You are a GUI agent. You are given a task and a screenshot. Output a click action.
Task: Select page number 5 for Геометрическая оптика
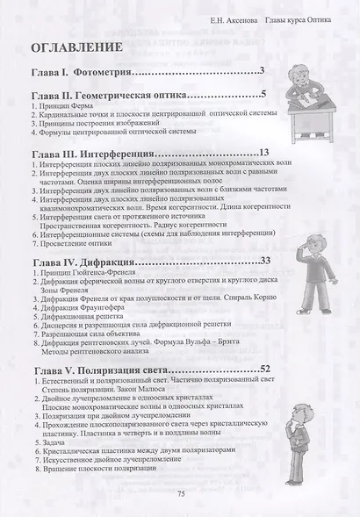point(263,95)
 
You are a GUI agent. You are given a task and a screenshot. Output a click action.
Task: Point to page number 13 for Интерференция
point(263,153)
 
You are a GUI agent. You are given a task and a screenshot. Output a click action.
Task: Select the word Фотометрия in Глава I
point(106,72)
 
